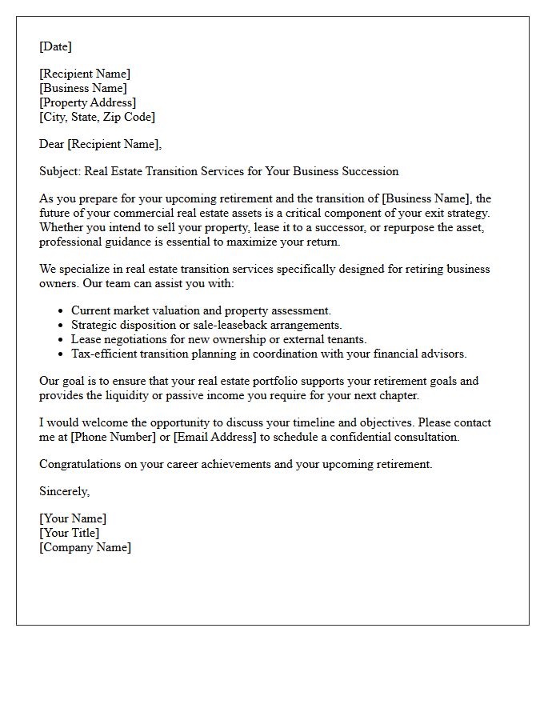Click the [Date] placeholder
coord(55,46)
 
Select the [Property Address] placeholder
coord(87,102)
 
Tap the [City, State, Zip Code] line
coord(97,117)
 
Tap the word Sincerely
coord(64,491)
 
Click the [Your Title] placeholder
coord(70,533)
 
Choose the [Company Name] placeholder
coord(85,547)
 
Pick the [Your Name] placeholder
coord(73,518)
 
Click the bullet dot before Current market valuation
coord(62,310)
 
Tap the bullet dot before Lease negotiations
coord(62,339)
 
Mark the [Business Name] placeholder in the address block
coord(83,88)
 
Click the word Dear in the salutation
coord(52,144)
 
